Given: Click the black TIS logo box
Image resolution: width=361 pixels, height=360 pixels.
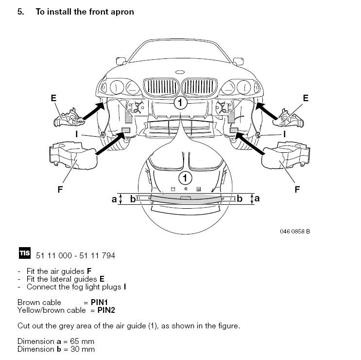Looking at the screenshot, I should [24, 253].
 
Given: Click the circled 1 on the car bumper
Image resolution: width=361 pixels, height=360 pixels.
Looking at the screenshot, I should [180, 103].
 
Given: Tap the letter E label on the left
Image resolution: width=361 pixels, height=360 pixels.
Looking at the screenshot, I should [53, 98].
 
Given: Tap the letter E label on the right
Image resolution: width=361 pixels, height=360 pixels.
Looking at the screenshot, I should [306, 98].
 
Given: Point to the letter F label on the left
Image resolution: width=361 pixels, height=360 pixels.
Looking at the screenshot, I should [60, 189].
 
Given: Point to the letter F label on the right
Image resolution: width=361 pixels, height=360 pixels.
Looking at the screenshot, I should [297, 189].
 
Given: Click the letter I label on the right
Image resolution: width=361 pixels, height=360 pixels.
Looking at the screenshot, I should [284, 134].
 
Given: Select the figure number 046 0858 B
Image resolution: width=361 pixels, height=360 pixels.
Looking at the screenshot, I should [294, 231].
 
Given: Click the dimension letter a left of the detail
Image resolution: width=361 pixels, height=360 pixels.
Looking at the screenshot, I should [114, 198].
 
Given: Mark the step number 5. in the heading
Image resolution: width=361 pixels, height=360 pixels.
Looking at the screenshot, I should [21, 11].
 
